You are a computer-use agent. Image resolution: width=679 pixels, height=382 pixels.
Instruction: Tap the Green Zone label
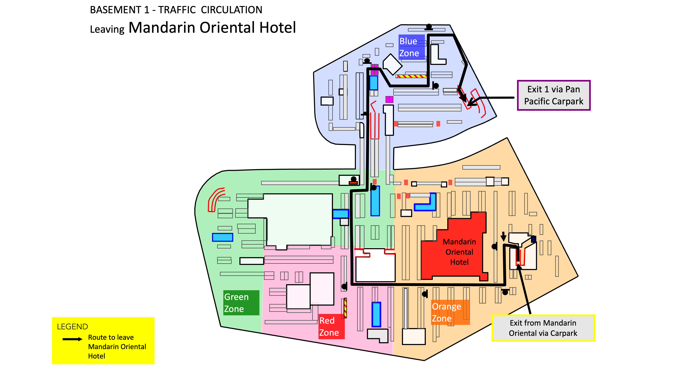(241, 303)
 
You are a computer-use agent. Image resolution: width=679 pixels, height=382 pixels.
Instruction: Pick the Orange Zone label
(450, 312)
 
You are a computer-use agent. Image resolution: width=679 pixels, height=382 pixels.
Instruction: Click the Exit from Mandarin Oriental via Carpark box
(543, 328)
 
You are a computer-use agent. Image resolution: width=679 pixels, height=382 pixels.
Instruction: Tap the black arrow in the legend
(72, 339)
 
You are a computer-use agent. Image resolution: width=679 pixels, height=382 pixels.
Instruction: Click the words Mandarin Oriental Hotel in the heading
(212, 27)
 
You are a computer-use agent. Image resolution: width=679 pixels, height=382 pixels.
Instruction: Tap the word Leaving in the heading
(107, 29)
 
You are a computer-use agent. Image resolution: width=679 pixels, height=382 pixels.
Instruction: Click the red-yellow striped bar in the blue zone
(412, 76)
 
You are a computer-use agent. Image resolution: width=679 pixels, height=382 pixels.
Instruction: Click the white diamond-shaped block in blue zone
(393, 64)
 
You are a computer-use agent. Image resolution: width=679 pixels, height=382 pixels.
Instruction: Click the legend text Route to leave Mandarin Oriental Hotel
(117, 347)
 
